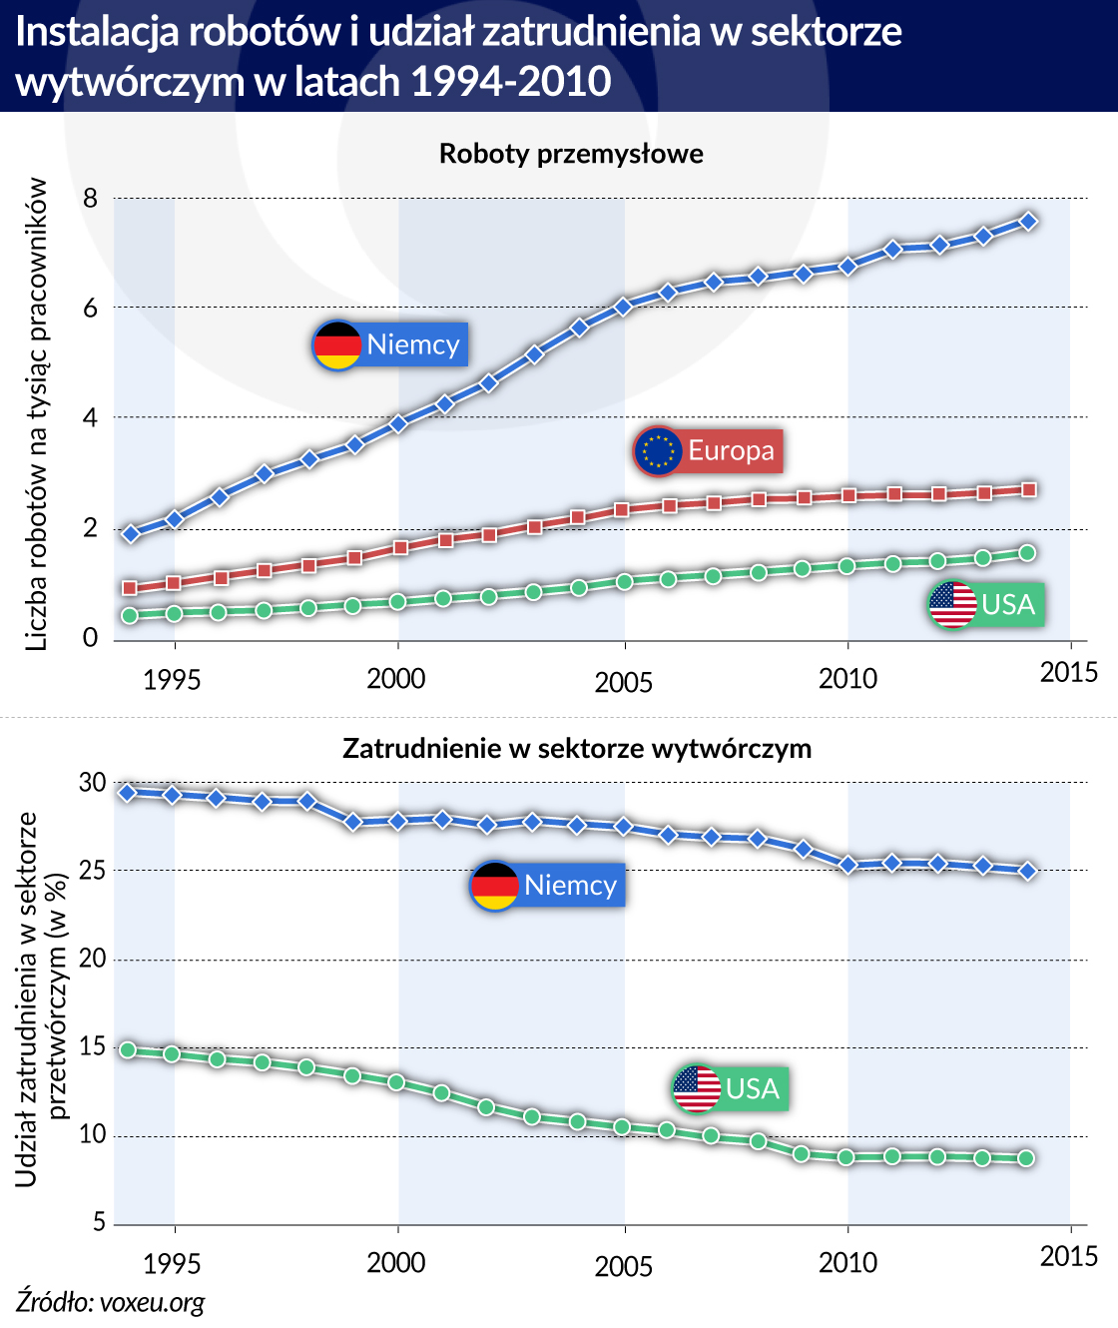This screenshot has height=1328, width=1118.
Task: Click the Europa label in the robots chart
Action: click(x=731, y=450)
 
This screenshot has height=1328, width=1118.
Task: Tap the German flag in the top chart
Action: click(x=337, y=345)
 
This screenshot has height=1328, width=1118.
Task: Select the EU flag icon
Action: click(x=658, y=450)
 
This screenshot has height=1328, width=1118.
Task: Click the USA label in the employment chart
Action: click(x=753, y=1087)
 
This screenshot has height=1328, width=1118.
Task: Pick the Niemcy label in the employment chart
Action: click(x=570, y=886)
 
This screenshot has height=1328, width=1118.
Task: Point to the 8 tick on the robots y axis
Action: click(x=91, y=199)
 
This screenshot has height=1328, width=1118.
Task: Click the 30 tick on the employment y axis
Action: click(x=92, y=783)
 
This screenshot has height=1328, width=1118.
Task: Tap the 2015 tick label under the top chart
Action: click(x=1068, y=672)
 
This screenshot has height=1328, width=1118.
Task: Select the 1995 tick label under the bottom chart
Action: click(x=172, y=1264)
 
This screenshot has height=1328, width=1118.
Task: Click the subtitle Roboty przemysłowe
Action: click(x=571, y=154)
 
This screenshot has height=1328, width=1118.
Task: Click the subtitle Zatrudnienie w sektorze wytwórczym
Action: click(x=577, y=749)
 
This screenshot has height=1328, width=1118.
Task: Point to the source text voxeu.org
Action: click(x=110, y=1302)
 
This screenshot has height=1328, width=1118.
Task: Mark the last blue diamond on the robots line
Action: click(x=1028, y=222)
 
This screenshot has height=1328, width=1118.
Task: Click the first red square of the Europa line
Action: click(x=129, y=588)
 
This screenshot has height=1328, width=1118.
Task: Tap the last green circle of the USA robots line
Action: click(x=1027, y=553)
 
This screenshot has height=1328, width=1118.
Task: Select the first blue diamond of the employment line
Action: click(x=128, y=793)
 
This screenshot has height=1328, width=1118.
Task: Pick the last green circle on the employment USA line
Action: click(x=1027, y=1158)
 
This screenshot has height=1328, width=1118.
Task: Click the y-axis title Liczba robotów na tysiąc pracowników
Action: click(x=38, y=414)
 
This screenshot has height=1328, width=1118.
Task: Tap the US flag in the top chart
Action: click(x=953, y=605)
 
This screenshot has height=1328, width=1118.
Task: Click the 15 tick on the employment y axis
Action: click(x=92, y=1047)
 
